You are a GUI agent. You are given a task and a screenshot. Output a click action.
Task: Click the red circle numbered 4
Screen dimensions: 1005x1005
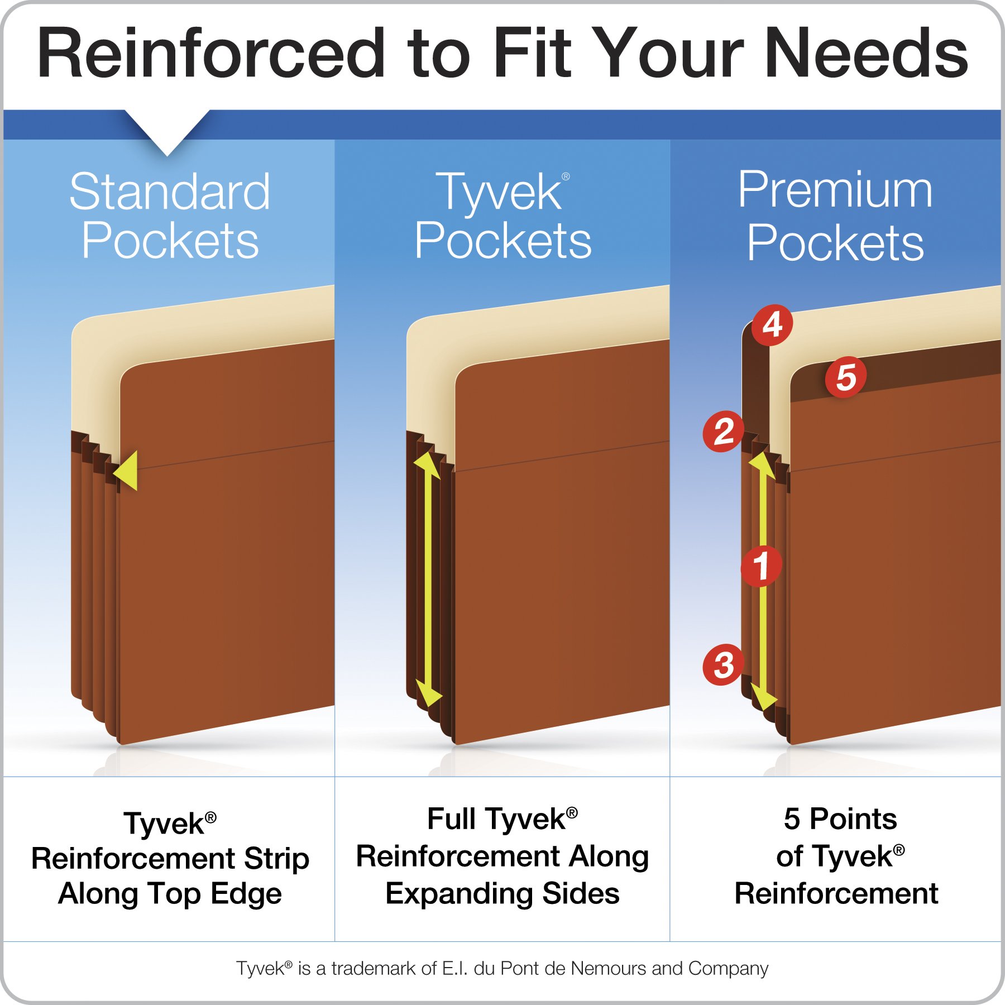click(x=772, y=325)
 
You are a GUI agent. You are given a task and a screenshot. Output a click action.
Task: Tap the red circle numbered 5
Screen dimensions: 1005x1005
click(x=846, y=377)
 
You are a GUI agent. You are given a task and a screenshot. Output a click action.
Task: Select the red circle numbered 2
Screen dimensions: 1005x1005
click(x=724, y=432)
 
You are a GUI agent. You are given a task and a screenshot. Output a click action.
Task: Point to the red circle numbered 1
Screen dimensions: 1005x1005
click(x=761, y=566)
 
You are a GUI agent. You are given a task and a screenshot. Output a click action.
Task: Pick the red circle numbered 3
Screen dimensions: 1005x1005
click(x=724, y=665)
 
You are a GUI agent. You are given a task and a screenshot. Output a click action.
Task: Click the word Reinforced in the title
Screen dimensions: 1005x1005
click(x=211, y=54)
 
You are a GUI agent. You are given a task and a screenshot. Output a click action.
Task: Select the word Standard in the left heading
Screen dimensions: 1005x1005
click(x=170, y=192)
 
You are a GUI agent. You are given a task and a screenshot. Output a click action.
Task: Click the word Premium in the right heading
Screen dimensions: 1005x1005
click(x=835, y=190)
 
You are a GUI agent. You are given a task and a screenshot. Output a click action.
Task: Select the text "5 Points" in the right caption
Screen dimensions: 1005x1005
click(x=840, y=819)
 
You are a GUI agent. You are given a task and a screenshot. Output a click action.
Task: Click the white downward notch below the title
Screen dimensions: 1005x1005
click(x=167, y=132)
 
